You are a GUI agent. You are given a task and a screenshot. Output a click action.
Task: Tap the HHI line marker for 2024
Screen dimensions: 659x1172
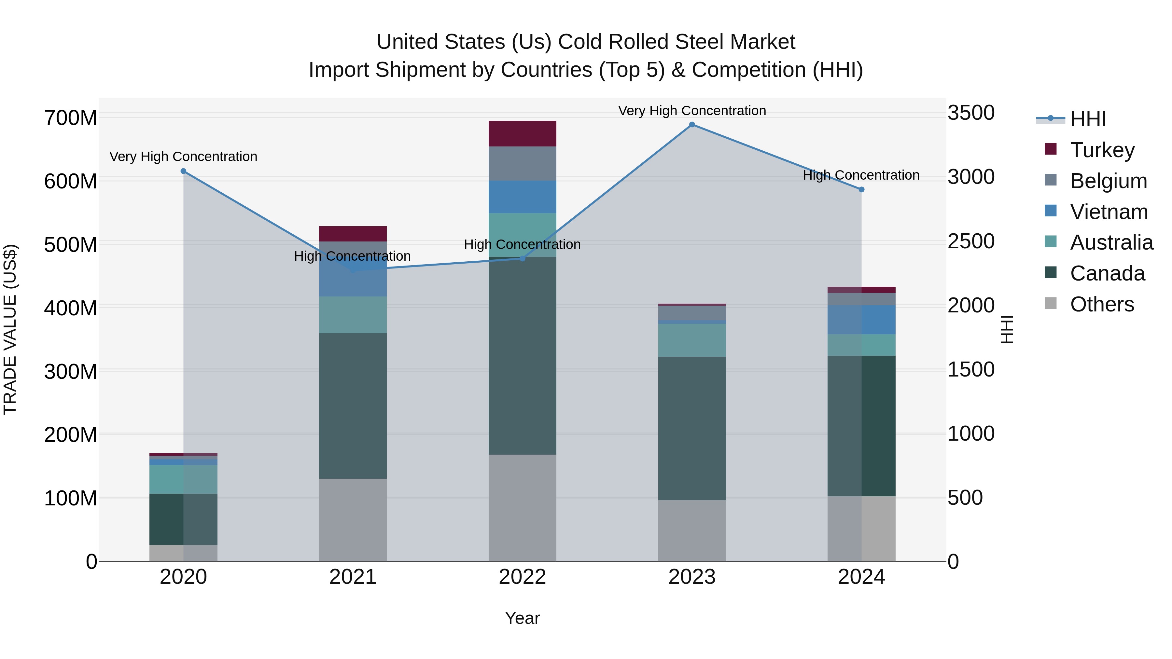tap(861, 190)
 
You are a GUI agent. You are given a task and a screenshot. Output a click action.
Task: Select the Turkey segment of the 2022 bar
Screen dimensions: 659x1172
tap(522, 134)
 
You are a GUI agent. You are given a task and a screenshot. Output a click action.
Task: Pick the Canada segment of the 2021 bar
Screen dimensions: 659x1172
tap(353, 406)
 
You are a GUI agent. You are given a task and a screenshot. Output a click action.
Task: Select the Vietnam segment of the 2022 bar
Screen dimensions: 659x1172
tap(522, 197)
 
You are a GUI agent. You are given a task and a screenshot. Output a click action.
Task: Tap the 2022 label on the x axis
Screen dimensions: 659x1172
tap(522, 577)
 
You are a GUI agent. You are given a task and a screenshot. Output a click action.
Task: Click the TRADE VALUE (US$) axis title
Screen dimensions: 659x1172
tap(10, 329)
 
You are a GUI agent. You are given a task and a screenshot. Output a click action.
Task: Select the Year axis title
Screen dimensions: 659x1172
tap(522, 618)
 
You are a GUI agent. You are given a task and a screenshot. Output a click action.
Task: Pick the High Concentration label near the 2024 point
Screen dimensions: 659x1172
tap(861, 175)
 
